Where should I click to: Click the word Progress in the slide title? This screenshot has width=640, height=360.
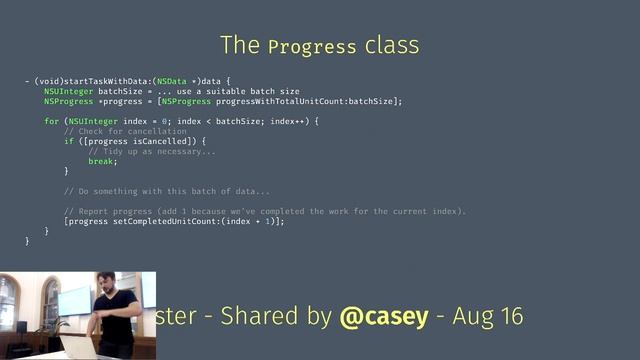(312, 47)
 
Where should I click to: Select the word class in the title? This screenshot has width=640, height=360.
(392, 46)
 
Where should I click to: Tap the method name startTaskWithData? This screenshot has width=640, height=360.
(110, 80)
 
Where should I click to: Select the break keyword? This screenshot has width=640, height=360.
(101, 161)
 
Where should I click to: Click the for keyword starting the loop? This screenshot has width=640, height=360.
(51, 121)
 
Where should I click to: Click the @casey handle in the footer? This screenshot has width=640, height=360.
(383, 317)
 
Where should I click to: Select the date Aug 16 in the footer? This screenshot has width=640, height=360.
(487, 317)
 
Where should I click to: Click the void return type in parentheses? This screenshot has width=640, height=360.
(51, 80)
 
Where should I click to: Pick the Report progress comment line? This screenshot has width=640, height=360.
(265, 211)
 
